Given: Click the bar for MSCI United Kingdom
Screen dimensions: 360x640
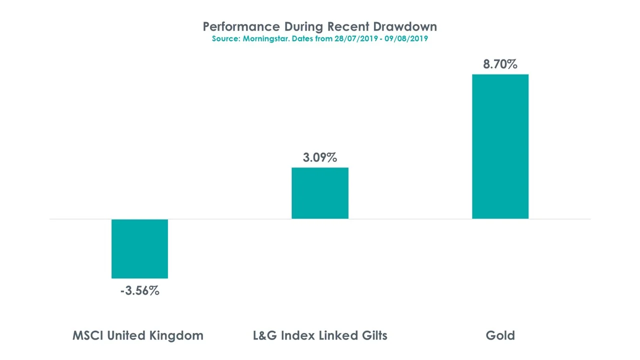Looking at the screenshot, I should [139, 248].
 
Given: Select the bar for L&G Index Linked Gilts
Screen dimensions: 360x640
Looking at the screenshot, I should [320, 193].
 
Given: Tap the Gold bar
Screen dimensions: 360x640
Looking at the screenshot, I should [500, 146].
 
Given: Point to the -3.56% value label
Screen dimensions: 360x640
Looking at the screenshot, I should [139, 290].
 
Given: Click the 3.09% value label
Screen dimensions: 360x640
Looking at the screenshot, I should [320, 157].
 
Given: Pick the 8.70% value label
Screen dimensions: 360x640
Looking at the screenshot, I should [500, 64].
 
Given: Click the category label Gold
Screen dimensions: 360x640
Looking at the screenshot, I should [500, 335].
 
